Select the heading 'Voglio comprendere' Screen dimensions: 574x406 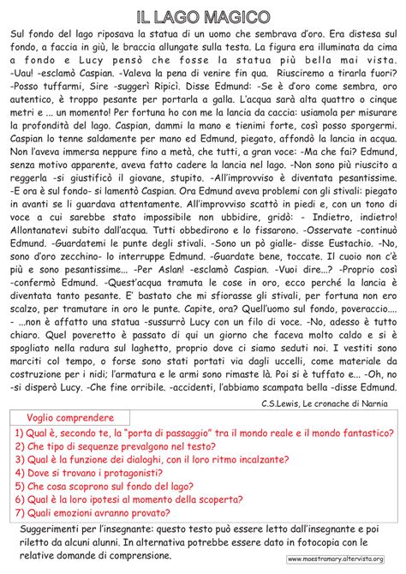tap(69, 392)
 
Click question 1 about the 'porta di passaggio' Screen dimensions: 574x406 tap(197, 410)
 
